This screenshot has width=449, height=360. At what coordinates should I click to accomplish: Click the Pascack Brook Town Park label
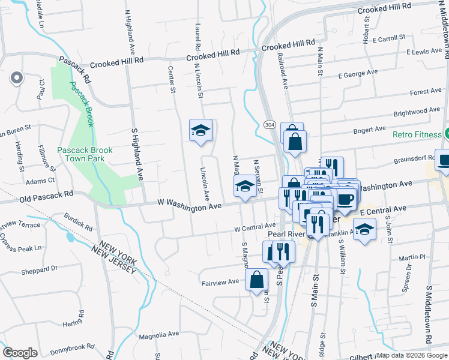pyautogui.click(x=80, y=154)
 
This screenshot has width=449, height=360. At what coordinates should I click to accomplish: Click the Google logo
pyautogui.click(x=20, y=352)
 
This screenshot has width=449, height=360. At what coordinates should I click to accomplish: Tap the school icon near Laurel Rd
pyautogui.click(x=200, y=130)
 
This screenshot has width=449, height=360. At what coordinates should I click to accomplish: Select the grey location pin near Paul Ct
pyautogui.click(x=16, y=78)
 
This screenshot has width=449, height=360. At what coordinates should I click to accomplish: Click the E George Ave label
pyautogui.click(x=358, y=74)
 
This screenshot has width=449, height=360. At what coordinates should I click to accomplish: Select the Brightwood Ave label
pyautogui.click(x=417, y=112)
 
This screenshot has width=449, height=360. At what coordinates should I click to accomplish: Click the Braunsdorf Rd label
pyautogui.click(x=412, y=161)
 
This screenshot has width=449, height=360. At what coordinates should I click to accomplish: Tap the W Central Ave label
pyautogui.click(x=255, y=227)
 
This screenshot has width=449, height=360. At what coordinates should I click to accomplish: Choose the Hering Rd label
pyautogui.click(x=71, y=323)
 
